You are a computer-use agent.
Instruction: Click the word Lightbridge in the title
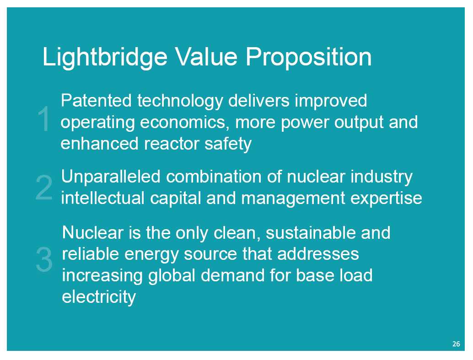tap(105, 57)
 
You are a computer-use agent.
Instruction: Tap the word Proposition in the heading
tap(308, 57)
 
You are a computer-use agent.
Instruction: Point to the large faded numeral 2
tap(44, 188)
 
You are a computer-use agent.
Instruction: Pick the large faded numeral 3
tap(44, 259)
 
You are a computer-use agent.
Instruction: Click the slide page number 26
tap(456, 344)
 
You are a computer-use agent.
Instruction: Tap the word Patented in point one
tap(96, 101)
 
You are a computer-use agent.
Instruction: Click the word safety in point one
tap(228, 144)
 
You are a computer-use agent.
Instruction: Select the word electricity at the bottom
tap(99, 297)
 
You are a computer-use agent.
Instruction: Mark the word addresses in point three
tap(318, 253)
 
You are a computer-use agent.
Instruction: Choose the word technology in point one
tap(180, 101)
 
